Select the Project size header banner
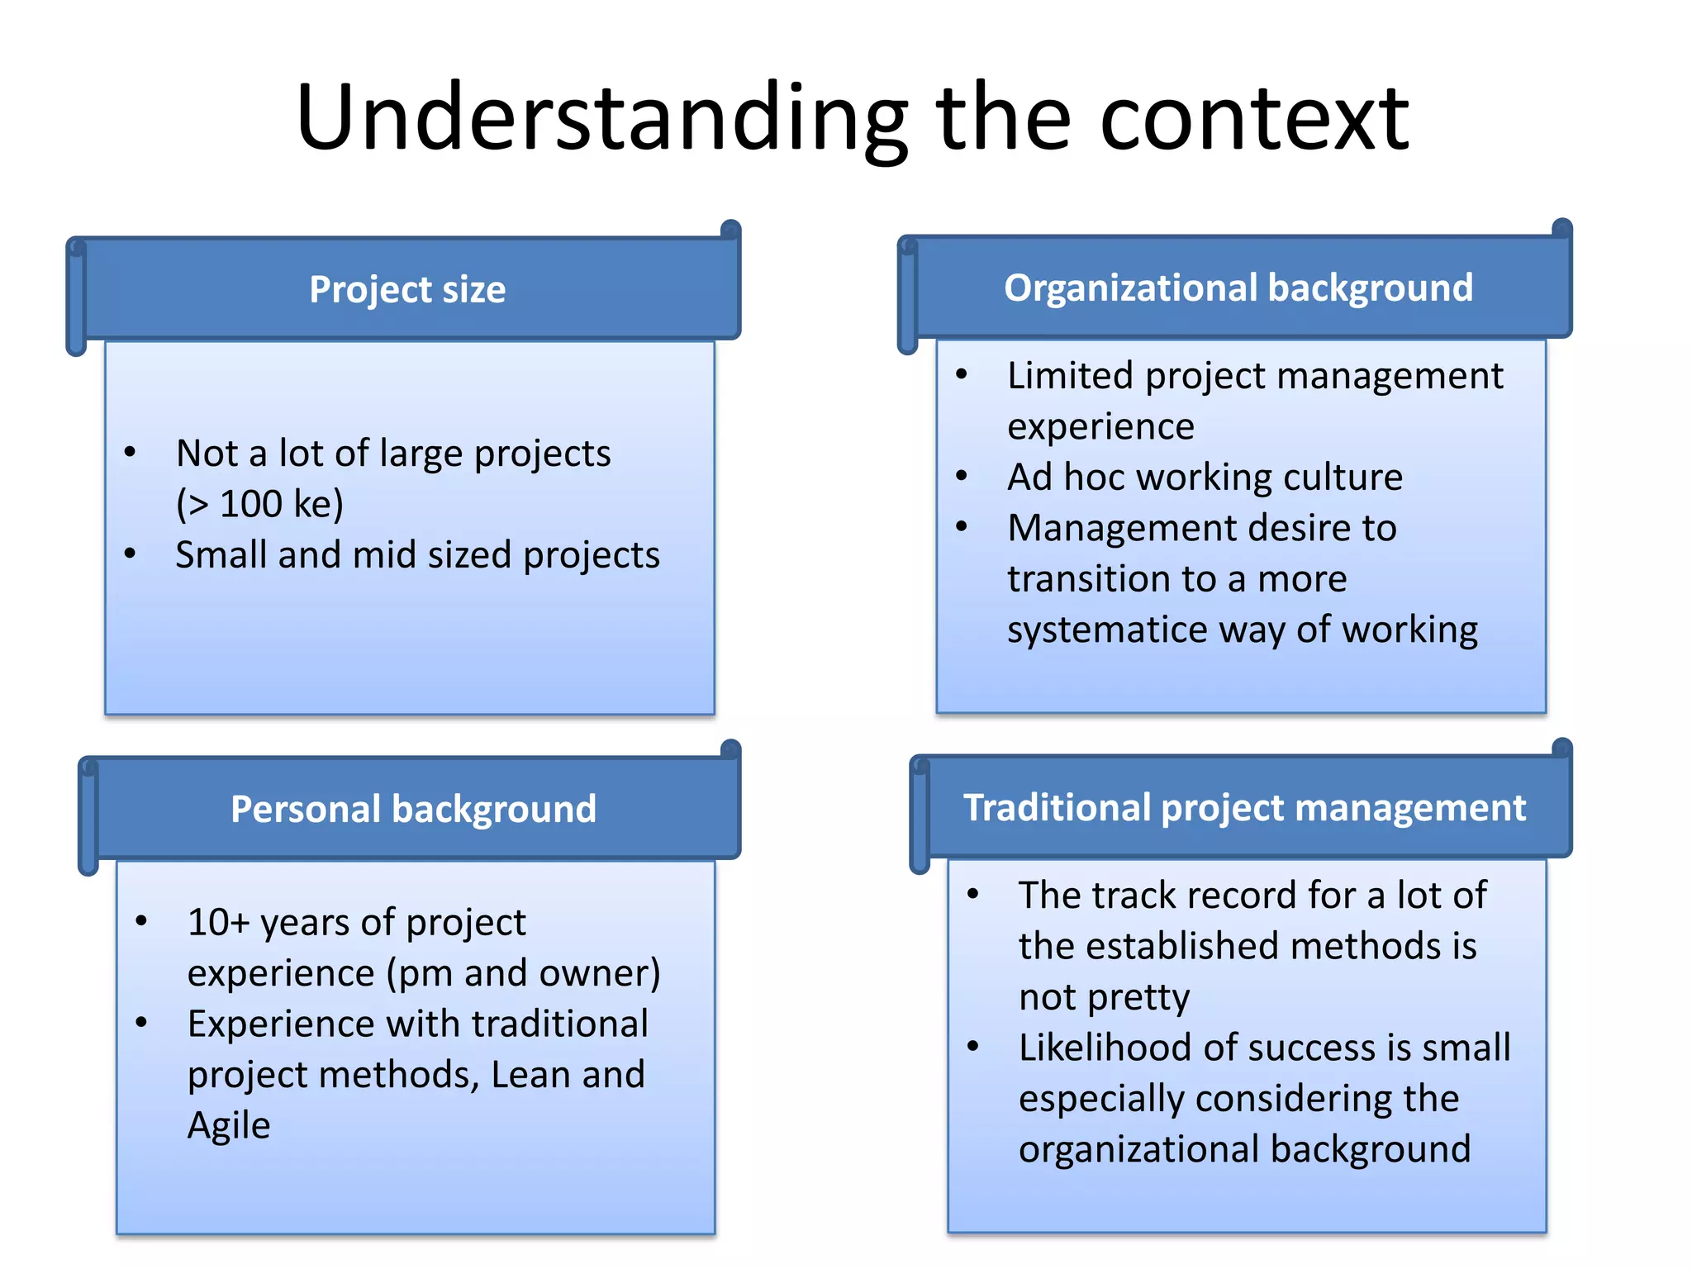pos(407,289)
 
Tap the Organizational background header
pos(1238,288)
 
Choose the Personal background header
pos(413,808)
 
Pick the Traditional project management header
pos(1244,806)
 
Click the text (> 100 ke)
pos(259,504)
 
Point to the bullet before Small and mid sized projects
pos(130,554)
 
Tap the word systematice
pos(1107,630)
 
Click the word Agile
pos(229,1125)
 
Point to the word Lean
pos(530,1075)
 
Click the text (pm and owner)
pos(524,973)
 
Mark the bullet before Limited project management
pos(962,374)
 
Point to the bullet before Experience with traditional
pos(141,1023)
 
